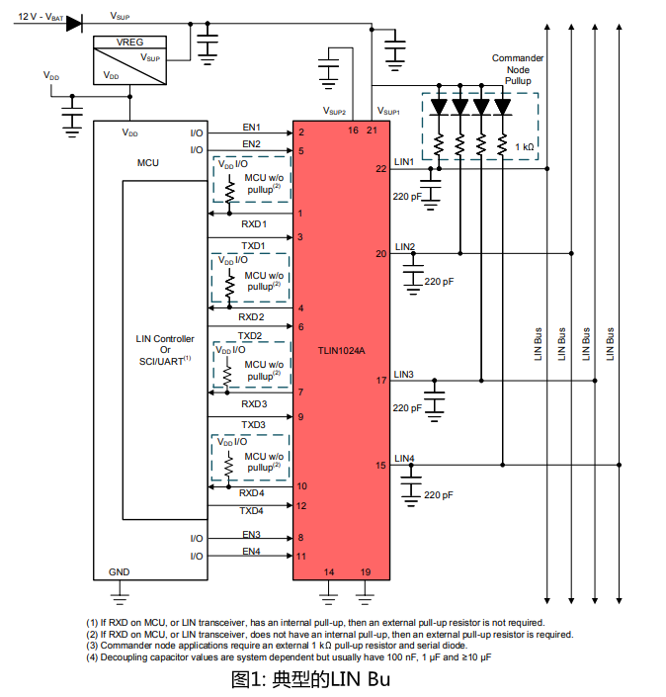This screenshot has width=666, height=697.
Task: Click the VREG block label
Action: tap(129, 43)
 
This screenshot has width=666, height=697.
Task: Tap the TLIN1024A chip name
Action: tap(341, 351)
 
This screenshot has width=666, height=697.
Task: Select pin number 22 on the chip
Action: tap(381, 169)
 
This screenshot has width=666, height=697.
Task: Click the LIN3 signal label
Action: tap(403, 375)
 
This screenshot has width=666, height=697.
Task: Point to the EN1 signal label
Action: tap(251, 128)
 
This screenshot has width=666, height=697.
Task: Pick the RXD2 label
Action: tap(251, 317)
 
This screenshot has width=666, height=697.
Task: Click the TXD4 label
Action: tap(251, 511)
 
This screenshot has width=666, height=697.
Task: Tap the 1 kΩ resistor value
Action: tap(525, 147)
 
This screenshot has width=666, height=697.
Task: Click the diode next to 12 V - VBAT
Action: tap(74, 23)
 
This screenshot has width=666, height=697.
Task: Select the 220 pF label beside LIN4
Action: tap(439, 494)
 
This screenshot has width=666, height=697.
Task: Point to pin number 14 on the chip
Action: tap(329, 572)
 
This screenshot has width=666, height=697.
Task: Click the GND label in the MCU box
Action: tap(120, 572)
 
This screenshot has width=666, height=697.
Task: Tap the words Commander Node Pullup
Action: tap(518, 69)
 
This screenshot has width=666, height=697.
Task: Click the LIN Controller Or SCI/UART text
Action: tap(165, 350)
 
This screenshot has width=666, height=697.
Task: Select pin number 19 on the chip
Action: tap(366, 572)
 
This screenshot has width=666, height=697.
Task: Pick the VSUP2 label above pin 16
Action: tap(334, 111)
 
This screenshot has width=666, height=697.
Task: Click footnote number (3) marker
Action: tap(92, 646)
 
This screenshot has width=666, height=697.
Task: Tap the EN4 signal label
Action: tap(251, 552)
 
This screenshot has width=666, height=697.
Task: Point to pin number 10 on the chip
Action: tap(302, 485)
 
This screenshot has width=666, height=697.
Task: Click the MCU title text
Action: tap(148, 163)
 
